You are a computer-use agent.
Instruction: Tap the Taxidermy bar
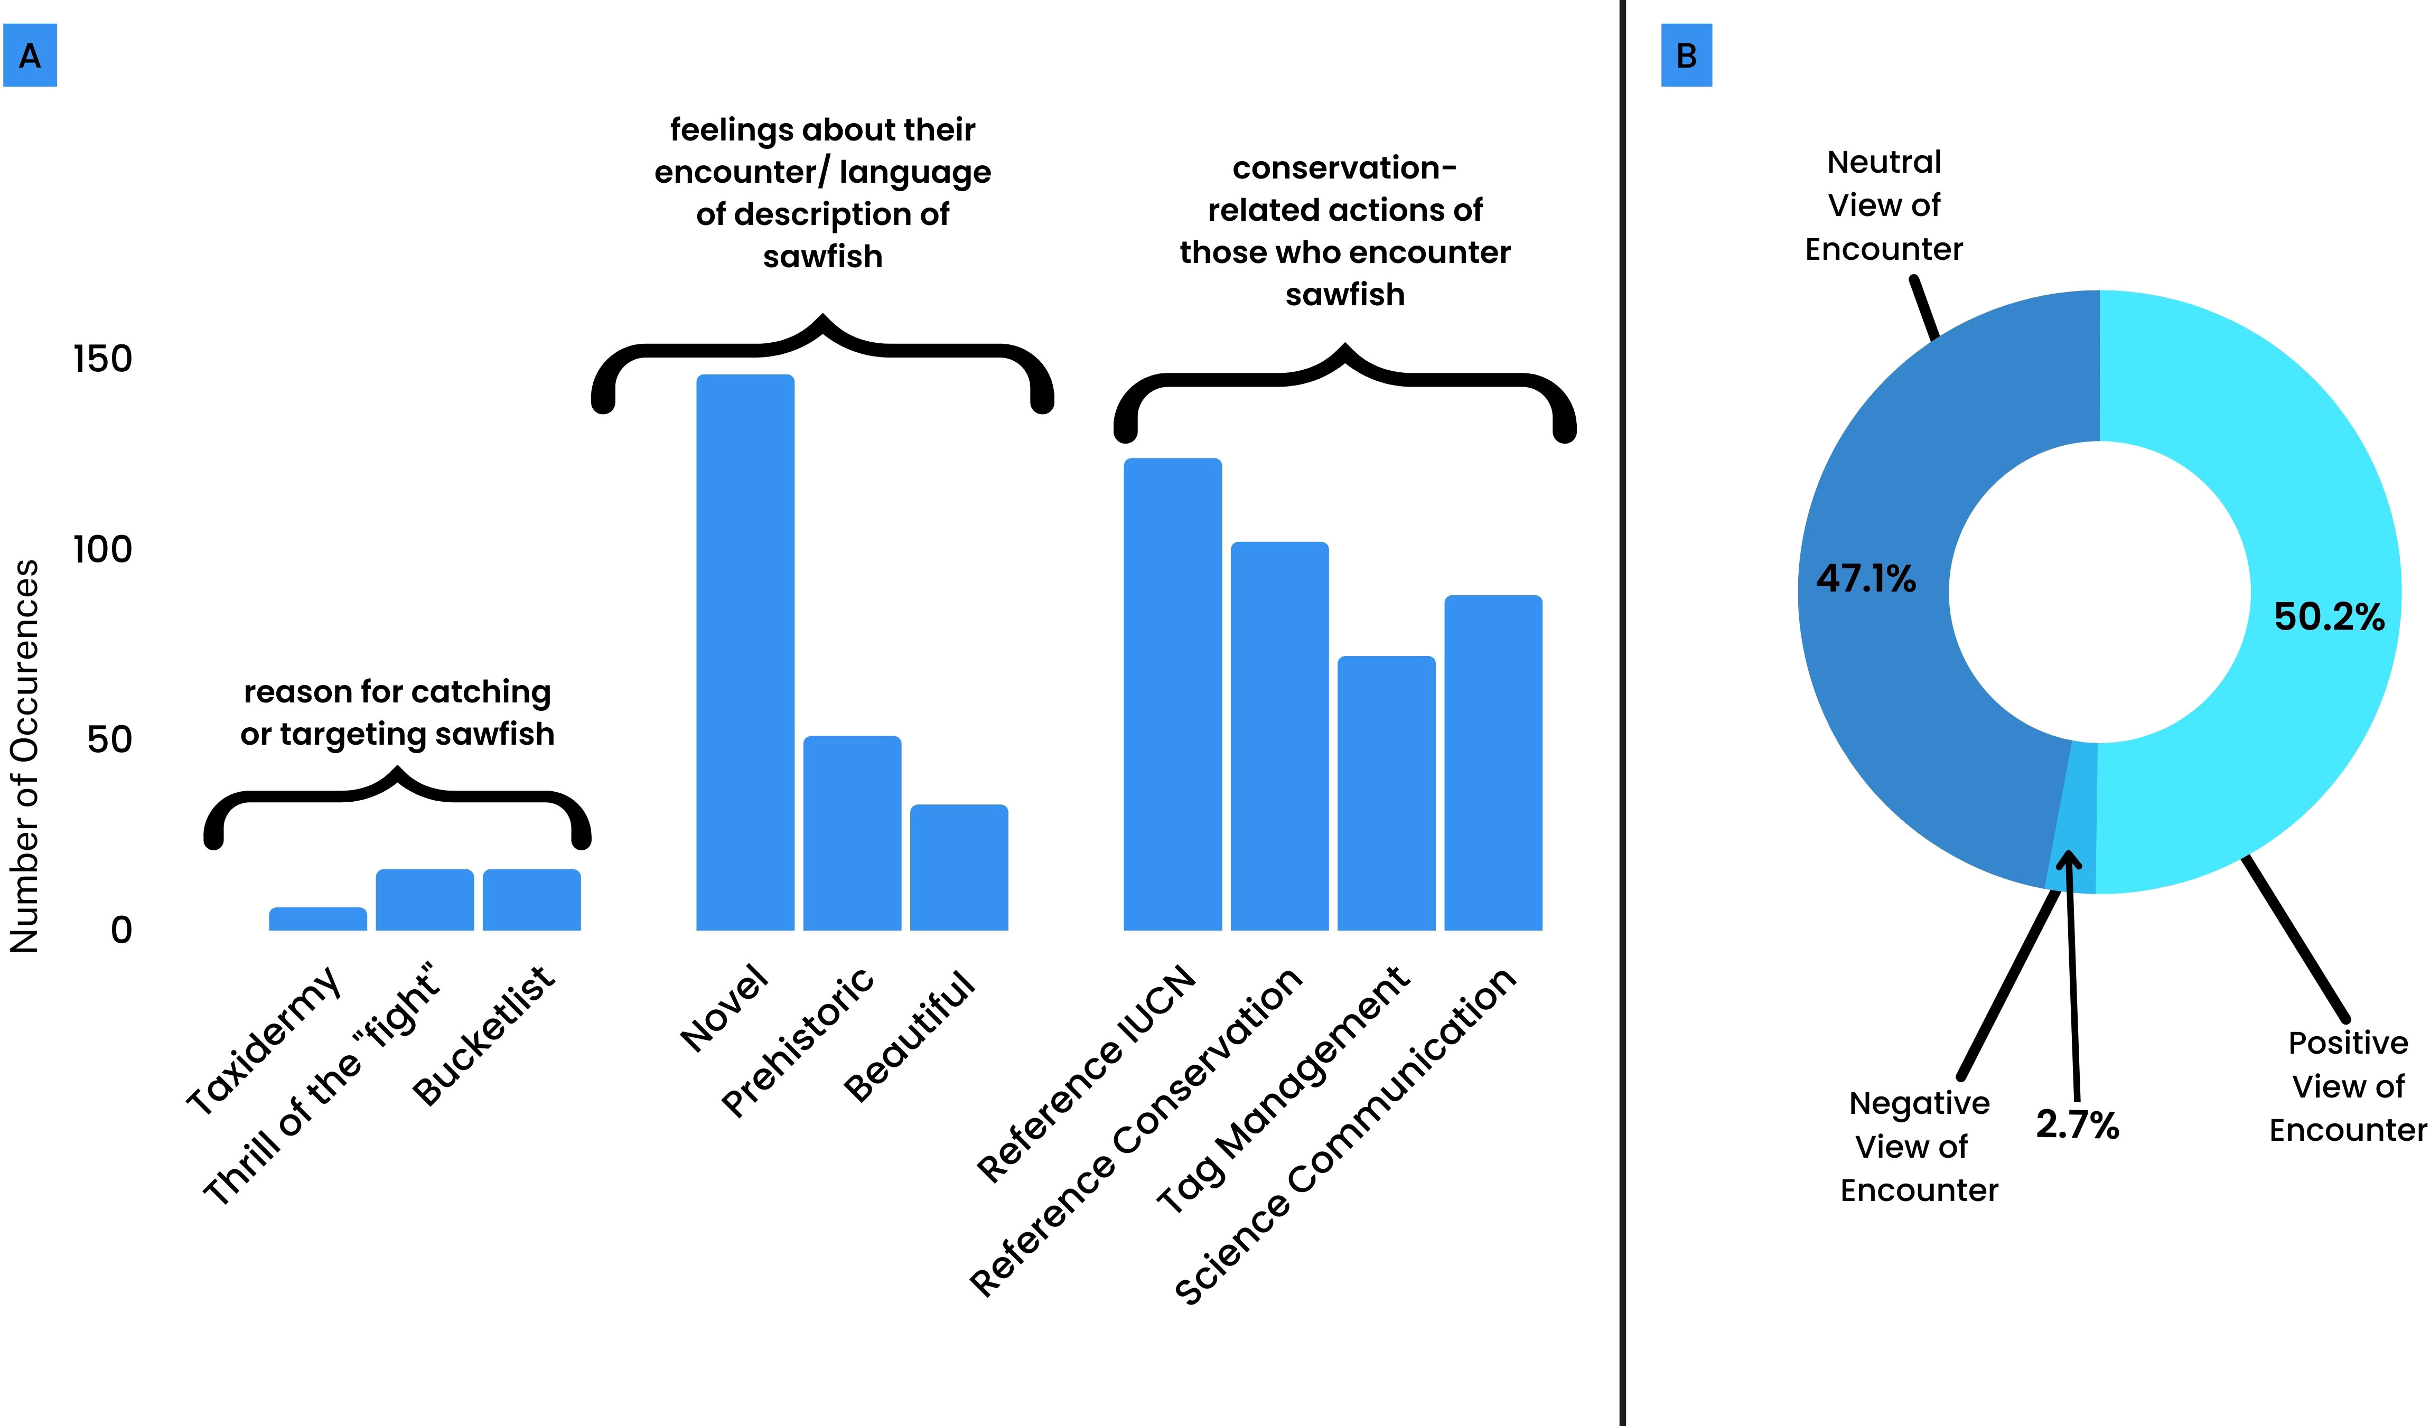pos(317,919)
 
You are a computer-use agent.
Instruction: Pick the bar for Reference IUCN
pos(1173,694)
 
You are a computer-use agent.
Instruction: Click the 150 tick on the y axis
pos(102,359)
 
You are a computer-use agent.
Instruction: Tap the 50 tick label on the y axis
pos(109,739)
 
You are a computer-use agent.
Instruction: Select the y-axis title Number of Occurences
pos(25,757)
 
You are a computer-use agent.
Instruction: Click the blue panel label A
pos(30,56)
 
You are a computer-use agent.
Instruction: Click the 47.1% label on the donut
pos(1866,578)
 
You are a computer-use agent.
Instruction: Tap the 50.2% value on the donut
pos(2329,617)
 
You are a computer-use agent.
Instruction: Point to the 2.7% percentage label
pos(2077,1124)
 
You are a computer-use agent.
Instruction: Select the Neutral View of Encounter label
pos(1883,205)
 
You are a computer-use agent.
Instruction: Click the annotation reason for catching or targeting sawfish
pos(397,712)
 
